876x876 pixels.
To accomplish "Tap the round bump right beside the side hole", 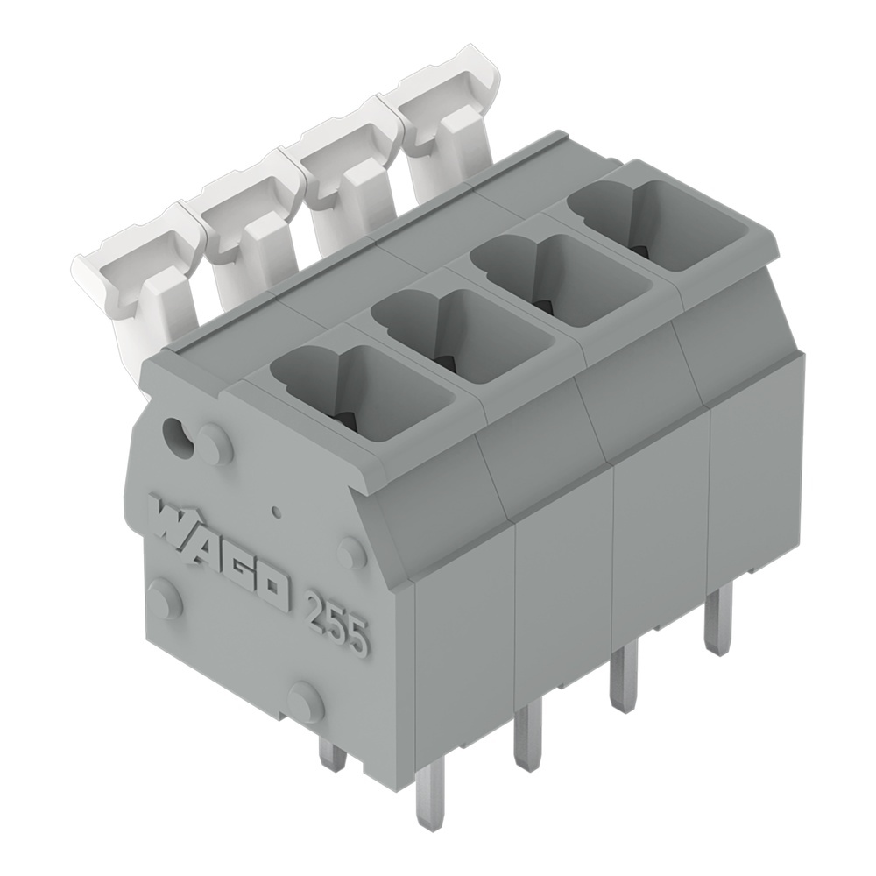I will [215, 445].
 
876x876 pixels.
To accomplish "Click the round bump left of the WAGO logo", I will [163, 599].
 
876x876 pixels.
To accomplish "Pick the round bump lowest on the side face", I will [306, 702].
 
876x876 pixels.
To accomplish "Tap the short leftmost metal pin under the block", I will [331, 752].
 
